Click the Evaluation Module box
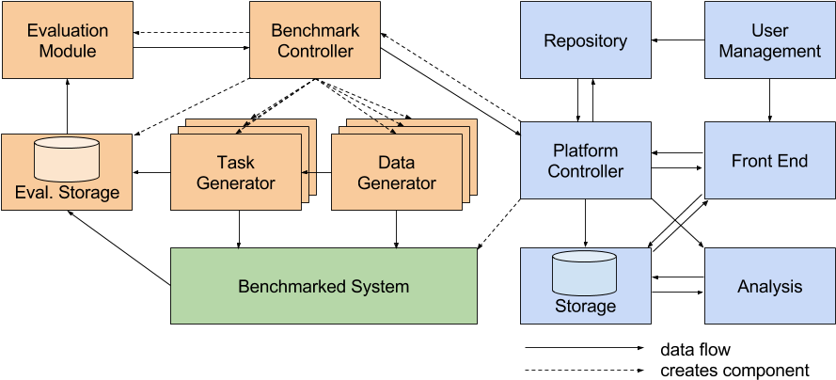[x=67, y=40]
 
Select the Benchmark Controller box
[x=315, y=40]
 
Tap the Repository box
[x=585, y=40]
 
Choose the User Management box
[x=769, y=40]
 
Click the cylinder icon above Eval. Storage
[x=67, y=159]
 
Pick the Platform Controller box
[x=585, y=161]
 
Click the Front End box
[x=769, y=161]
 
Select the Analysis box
[x=769, y=286]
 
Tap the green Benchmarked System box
[x=323, y=286]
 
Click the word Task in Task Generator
[x=235, y=162]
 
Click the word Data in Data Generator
[x=397, y=162]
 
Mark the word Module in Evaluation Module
[x=67, y=51]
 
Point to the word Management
[x=769, y=51]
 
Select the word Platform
[x=585, y=150]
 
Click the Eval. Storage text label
[x=67, y=193]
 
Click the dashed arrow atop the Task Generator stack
[x=249, y=123]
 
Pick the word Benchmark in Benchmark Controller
[x=315, y=30]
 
